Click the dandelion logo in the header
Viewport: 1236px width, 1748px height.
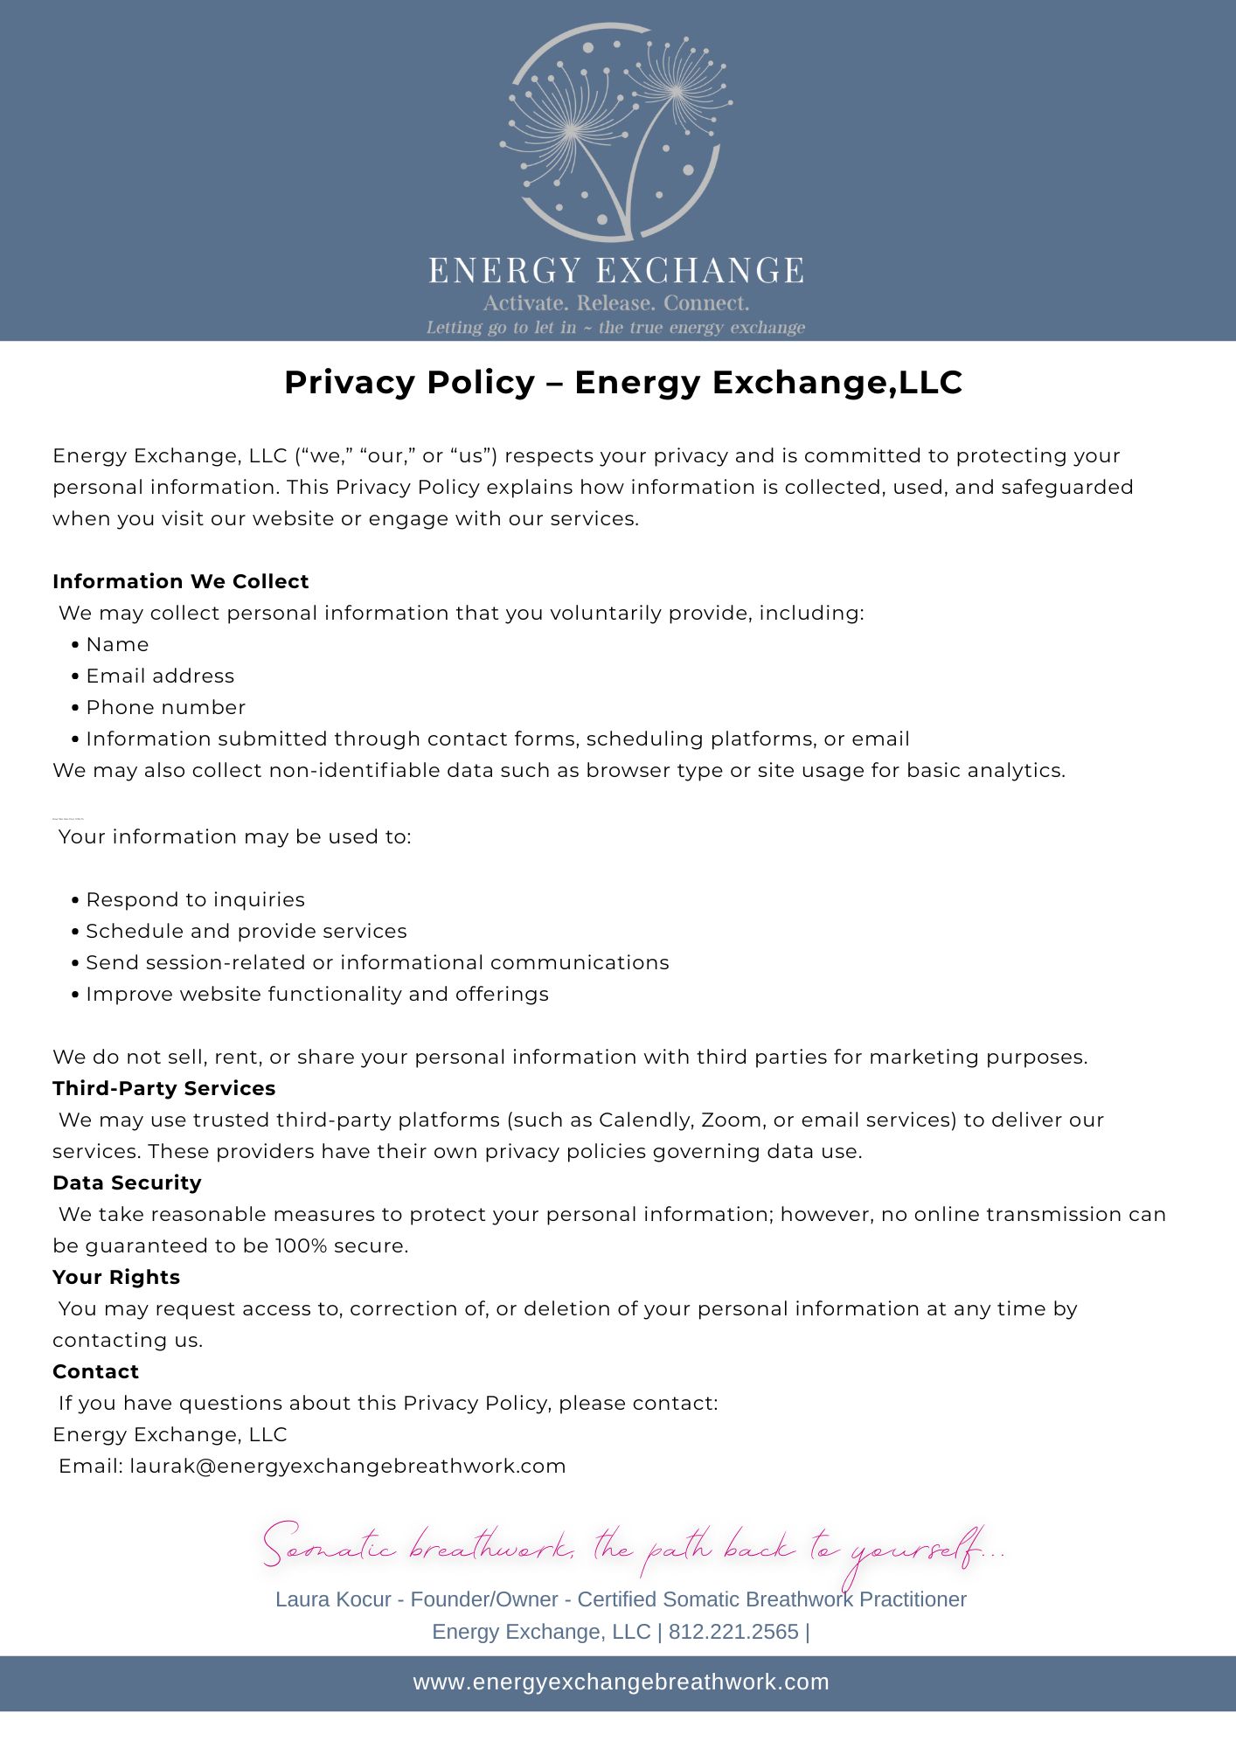point(615,131)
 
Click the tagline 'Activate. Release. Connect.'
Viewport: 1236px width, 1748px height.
point(616,303)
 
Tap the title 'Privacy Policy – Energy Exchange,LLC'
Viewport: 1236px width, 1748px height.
point(623,383)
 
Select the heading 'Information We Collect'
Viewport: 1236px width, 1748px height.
point(181,581)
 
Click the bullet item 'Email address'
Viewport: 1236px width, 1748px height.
point(160,676)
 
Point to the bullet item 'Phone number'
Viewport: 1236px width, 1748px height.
point(165,707)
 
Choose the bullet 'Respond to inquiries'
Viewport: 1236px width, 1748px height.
point(195,899)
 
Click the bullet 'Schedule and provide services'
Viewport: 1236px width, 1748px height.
point(246,931)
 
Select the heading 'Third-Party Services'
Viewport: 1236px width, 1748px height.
point(163,1088)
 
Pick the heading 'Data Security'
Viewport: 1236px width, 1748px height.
point(127,1183)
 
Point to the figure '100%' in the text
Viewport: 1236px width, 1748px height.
point(301,1245)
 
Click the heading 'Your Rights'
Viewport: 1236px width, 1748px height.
point(116,1277)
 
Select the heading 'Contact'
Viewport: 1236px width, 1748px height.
point(95,1371)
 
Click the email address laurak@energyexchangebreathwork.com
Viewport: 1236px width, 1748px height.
point(348,1466)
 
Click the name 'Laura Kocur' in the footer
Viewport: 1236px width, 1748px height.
point(332,1599)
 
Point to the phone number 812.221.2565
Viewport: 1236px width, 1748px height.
point(733,1632)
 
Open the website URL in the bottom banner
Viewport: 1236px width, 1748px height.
point(621,1682)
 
